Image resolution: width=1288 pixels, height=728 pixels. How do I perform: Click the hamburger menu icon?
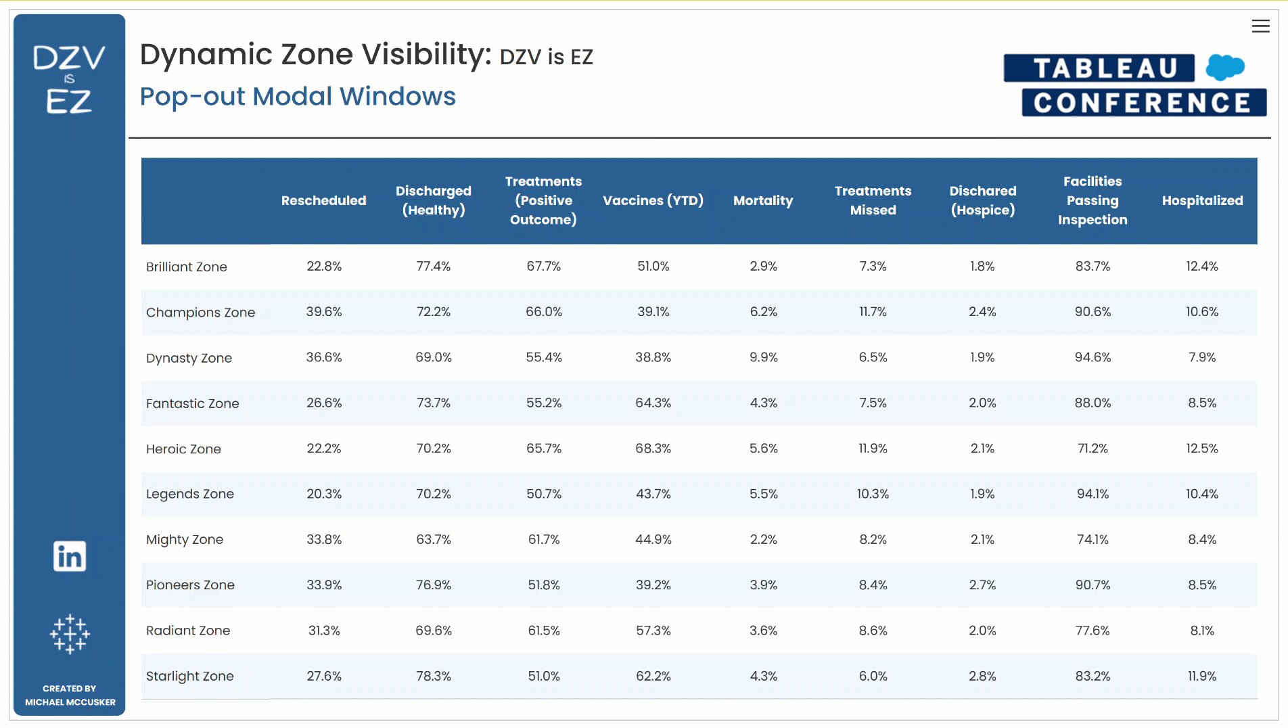[1260, 26]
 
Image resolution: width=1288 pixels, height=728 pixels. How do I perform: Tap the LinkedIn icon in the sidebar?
[70, 556]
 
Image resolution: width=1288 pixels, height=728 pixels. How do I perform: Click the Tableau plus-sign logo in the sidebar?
[70, 634]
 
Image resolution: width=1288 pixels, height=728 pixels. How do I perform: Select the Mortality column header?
[763, 200]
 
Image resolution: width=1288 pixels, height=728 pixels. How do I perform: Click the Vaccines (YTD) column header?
[653, 200]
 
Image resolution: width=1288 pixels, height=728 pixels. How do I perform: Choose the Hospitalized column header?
[1202, 200]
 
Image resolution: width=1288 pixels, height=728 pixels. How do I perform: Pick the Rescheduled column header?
[323, 200]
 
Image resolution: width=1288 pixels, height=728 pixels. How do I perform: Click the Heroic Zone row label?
[183, 449]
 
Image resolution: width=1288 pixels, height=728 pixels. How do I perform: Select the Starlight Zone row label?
[189, 676]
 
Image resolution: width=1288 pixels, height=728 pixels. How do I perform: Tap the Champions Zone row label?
[200, 312]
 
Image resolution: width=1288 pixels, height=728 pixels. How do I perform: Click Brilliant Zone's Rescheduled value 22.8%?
[324, 266]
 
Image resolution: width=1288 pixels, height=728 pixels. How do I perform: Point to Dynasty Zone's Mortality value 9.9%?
[763, 357]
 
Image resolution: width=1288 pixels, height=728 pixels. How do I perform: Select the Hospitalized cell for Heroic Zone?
[1202, 448]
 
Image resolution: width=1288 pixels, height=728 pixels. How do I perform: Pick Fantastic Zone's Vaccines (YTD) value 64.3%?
[653, 403]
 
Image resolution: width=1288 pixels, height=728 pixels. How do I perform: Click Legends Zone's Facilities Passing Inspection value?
[1092, 494]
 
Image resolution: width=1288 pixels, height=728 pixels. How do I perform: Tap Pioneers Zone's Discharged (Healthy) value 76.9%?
[434, 585]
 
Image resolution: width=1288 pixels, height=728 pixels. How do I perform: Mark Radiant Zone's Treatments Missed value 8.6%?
[873, 631]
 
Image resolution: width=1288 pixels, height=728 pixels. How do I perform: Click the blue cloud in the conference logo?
[1224, 67]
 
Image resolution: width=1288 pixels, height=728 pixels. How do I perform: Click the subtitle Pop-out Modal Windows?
[298, 97]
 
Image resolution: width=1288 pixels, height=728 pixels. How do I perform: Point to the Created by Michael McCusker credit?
[70, 695]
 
